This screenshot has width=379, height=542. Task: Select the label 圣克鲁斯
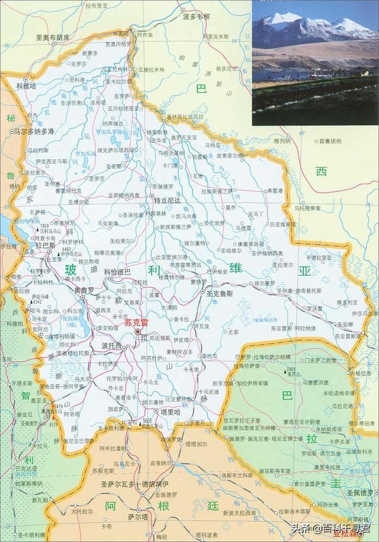219,293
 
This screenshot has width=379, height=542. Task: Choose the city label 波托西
112,345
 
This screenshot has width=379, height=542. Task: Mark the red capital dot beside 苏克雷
139,332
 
